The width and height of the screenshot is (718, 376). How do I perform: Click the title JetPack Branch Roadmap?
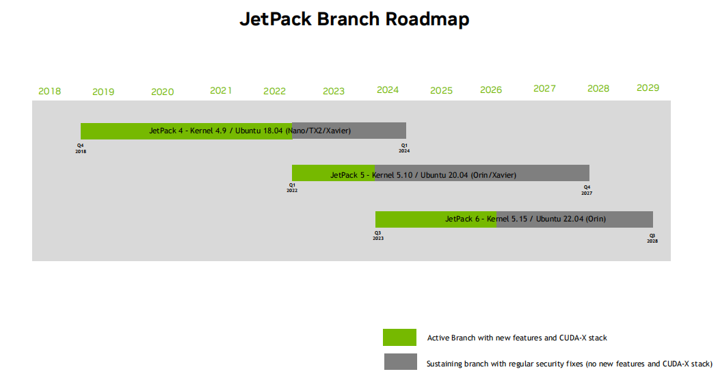354,19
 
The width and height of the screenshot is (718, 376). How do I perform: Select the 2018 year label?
49,92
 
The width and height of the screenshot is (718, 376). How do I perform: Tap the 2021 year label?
221,90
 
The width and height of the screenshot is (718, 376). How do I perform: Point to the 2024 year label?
388,90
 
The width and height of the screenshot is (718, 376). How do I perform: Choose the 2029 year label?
648,88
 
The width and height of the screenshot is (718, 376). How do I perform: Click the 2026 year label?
491,90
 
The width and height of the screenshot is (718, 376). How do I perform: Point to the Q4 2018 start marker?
81,148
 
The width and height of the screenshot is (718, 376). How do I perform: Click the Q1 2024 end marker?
404,148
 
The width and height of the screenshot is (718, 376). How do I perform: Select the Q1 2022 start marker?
292,187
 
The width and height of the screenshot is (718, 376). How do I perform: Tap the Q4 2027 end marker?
587,190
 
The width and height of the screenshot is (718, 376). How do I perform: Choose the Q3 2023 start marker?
377,235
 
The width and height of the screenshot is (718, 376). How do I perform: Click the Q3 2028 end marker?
652,238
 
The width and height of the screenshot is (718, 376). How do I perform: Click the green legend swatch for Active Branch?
399,338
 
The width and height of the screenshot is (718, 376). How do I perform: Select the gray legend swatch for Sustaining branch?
399,362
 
